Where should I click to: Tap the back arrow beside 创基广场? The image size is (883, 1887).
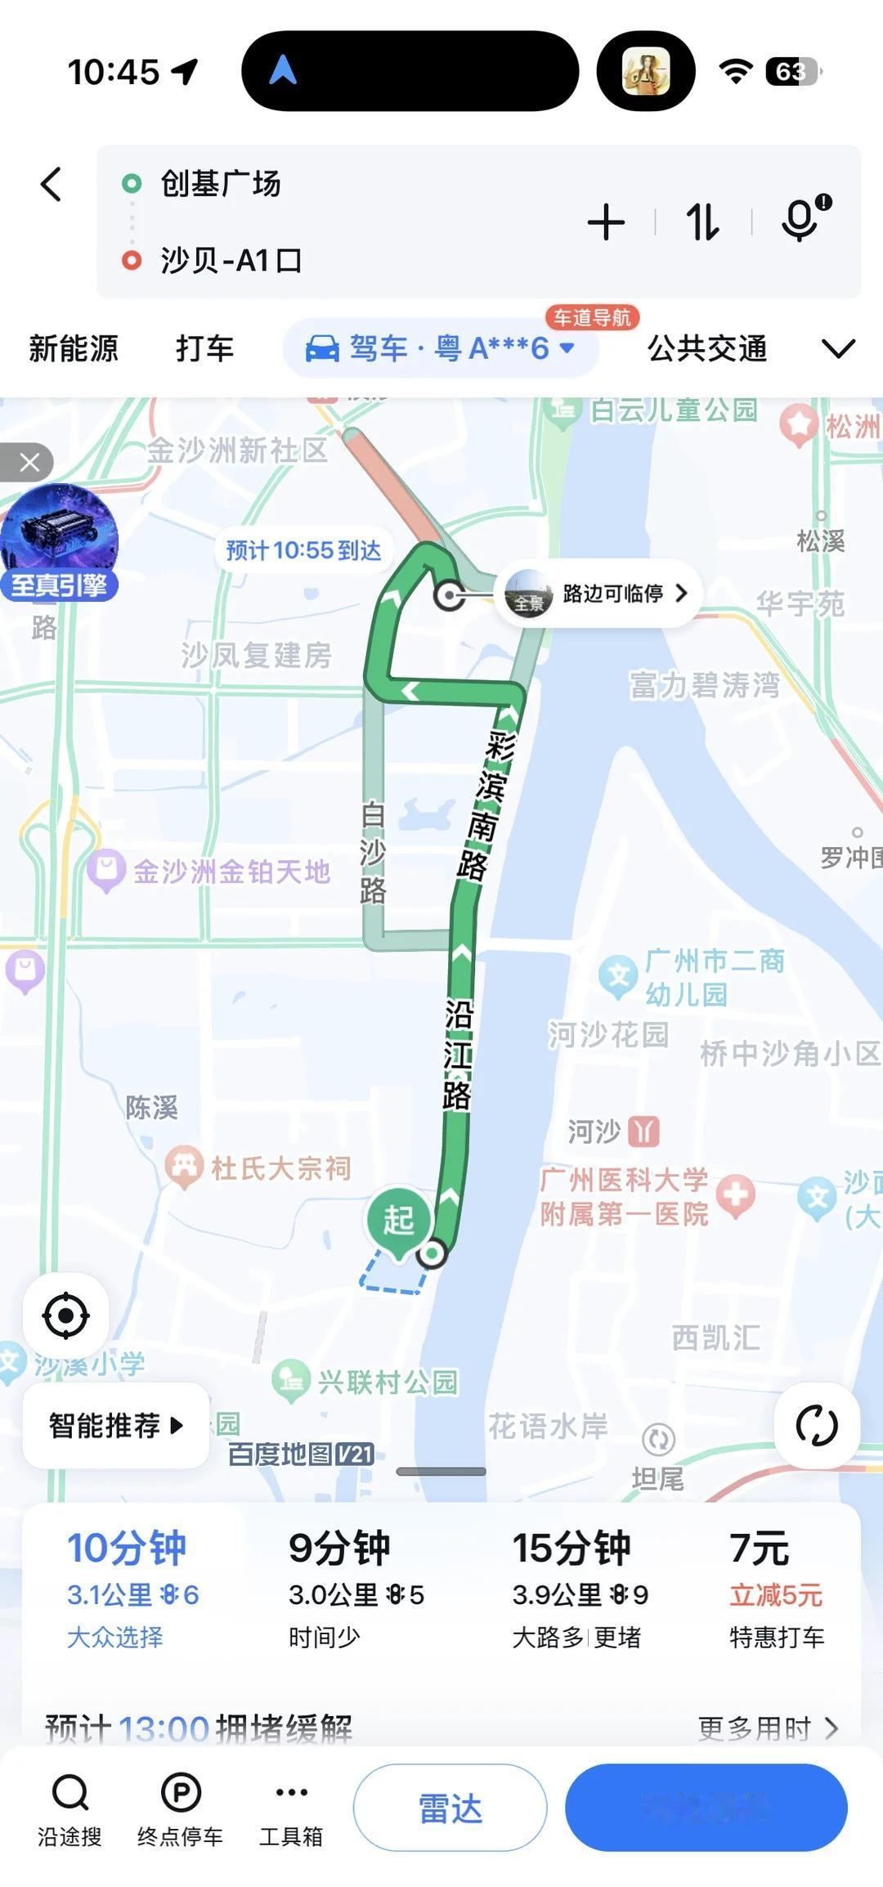coord(51,184)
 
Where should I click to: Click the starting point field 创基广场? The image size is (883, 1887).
coord(221,184)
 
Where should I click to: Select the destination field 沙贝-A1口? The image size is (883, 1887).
coord(231,261)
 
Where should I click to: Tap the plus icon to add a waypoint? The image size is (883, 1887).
coord(606,222)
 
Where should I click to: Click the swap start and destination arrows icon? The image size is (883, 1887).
coord(702,222)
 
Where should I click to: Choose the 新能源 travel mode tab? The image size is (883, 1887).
coord(74,348)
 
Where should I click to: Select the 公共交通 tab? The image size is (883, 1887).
coord(707,348)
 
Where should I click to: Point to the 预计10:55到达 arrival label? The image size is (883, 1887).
coord(303,550)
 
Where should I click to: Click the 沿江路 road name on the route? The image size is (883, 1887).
coord(458,1055)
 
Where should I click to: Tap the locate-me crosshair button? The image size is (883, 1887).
coord(65,1316)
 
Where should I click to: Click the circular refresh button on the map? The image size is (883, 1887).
coord(816,1426)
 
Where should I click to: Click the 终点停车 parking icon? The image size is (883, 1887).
coord(180,1807)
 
